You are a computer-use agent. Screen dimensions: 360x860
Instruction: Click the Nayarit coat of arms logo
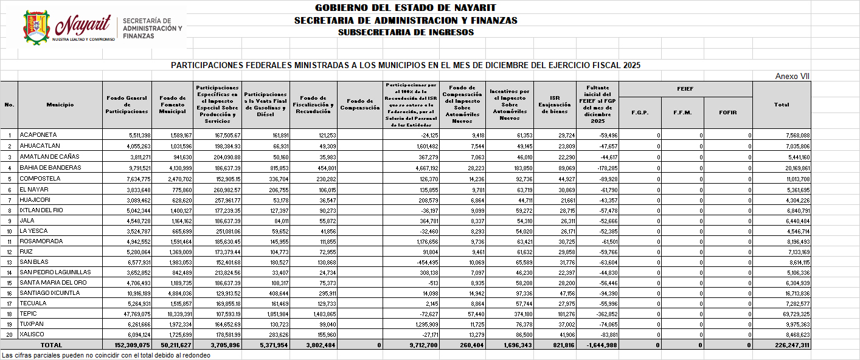[x=36, y=27]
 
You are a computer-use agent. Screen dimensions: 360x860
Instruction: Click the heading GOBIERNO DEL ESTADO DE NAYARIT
[x=405, y=8]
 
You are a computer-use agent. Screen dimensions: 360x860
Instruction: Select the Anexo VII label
[x=792, y=76]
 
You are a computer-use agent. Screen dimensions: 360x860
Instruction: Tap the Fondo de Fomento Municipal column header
[x=172, y=105]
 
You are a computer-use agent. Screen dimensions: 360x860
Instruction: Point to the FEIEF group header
[x=685, y=89]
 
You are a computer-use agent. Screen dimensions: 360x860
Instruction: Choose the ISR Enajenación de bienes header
[x=554, y=105]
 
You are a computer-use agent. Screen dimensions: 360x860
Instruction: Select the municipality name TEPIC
[x=28, y=314]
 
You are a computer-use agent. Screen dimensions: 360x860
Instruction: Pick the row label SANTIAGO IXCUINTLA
[x=50, y=292]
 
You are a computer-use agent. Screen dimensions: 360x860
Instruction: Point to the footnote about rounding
[x=106, y=355]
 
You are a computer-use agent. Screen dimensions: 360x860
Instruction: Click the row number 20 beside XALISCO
[x=9, y=334]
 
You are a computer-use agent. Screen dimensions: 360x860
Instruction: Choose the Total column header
[x=782, y=105]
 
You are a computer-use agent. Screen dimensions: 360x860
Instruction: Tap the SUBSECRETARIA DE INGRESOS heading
[x=405, y=32]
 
